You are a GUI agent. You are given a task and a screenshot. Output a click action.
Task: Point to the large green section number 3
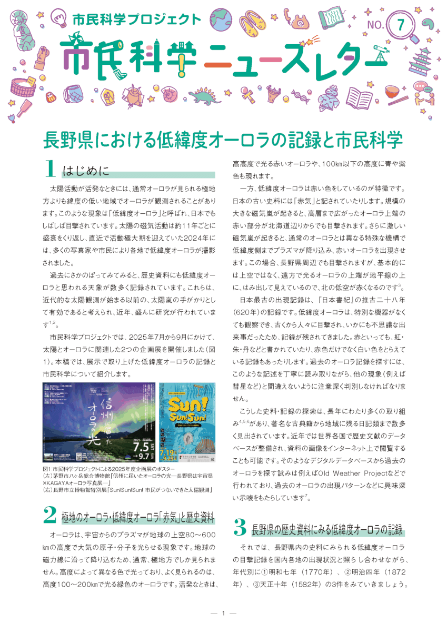pyautogui.click(x=240, y=528)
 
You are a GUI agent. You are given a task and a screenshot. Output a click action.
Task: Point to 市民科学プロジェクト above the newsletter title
pyautogui.click(x=136, y=19)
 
